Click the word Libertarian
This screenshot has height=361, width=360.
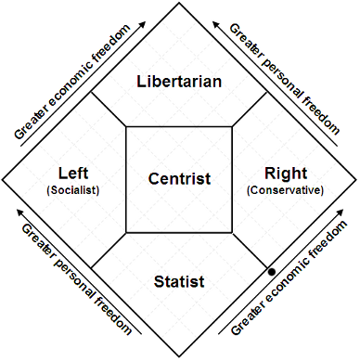(x=180, y=82)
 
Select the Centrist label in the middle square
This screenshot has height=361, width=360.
(x=180, y=178)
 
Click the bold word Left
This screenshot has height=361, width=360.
(x=72, y=172)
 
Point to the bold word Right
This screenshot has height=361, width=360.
(x=284, y=172)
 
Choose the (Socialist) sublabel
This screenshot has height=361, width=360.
(x=72, y=190)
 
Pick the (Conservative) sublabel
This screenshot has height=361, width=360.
(x=285, y=190)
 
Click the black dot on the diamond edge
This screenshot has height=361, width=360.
(x=271, y=271)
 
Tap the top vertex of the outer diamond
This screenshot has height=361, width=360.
(x=180, y=4)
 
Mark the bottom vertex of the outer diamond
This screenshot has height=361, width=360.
(x=180, y=357)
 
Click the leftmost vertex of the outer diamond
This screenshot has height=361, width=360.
(x=4, y=180)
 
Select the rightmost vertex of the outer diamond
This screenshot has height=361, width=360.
(x=356, y=180)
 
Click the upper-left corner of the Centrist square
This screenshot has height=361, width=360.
(x=126, y=126)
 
